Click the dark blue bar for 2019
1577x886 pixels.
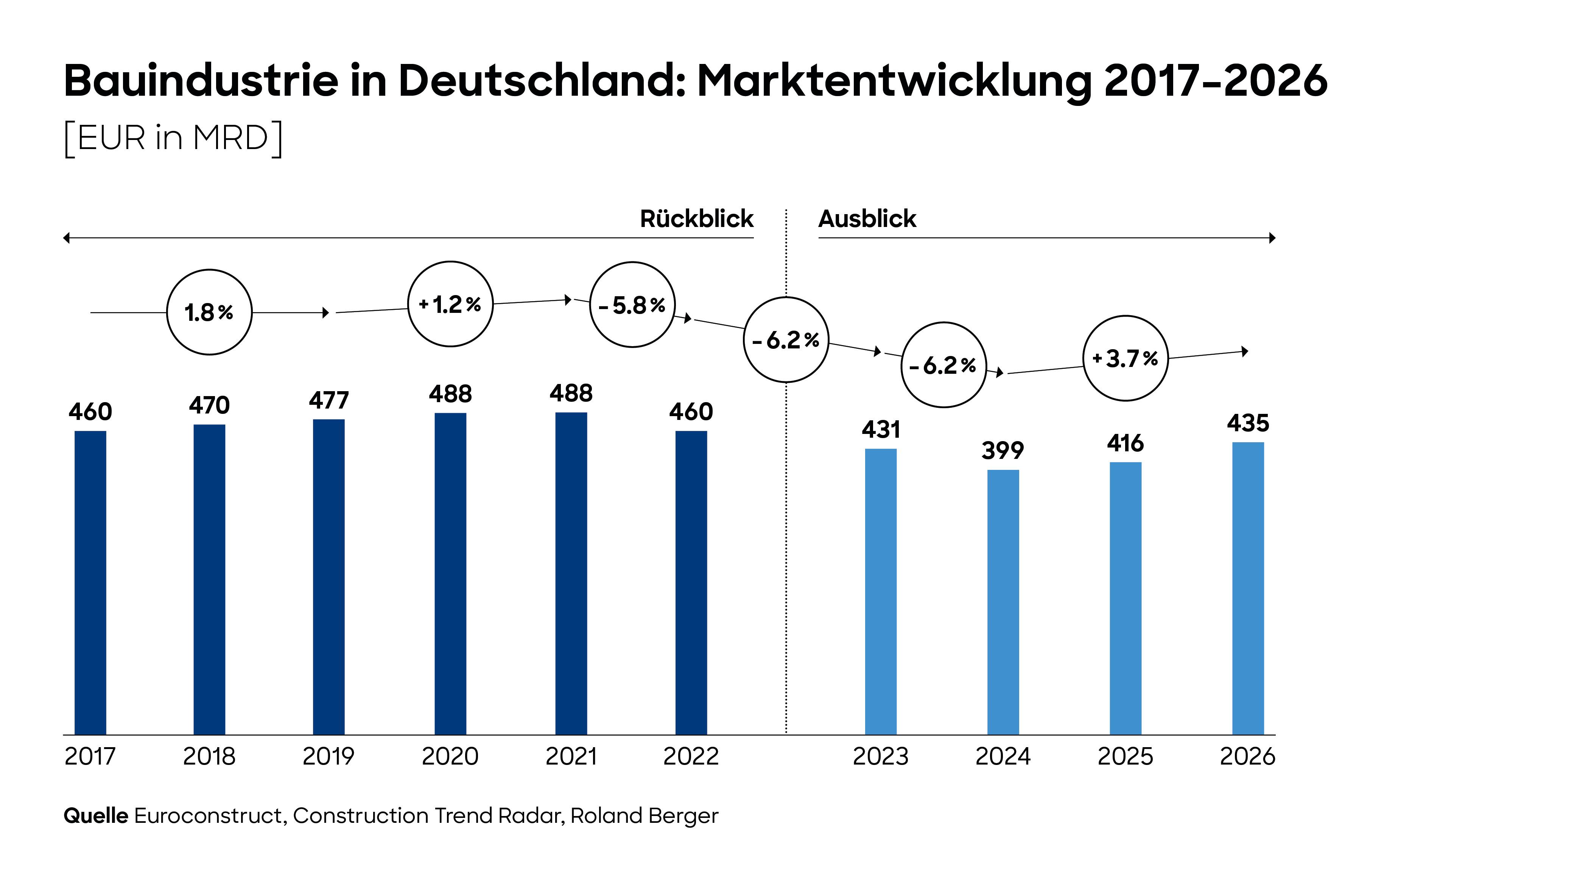(x=329, y=577)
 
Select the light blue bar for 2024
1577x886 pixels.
(x=1003, y=602)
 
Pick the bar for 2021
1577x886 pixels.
(x=571, y=574)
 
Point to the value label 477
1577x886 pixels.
(x=329, y=401)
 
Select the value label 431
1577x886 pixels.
(x=881, y=430)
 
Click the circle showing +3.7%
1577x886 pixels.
(x=1125, y=359)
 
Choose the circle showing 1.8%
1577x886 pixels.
(x=209, y=312)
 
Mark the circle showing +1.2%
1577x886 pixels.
(x=451, y=304)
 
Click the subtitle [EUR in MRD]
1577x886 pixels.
(x=173, y=138)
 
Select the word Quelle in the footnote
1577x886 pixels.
(x=95, y=816)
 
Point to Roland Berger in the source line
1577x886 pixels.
(x=644, y=816)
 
